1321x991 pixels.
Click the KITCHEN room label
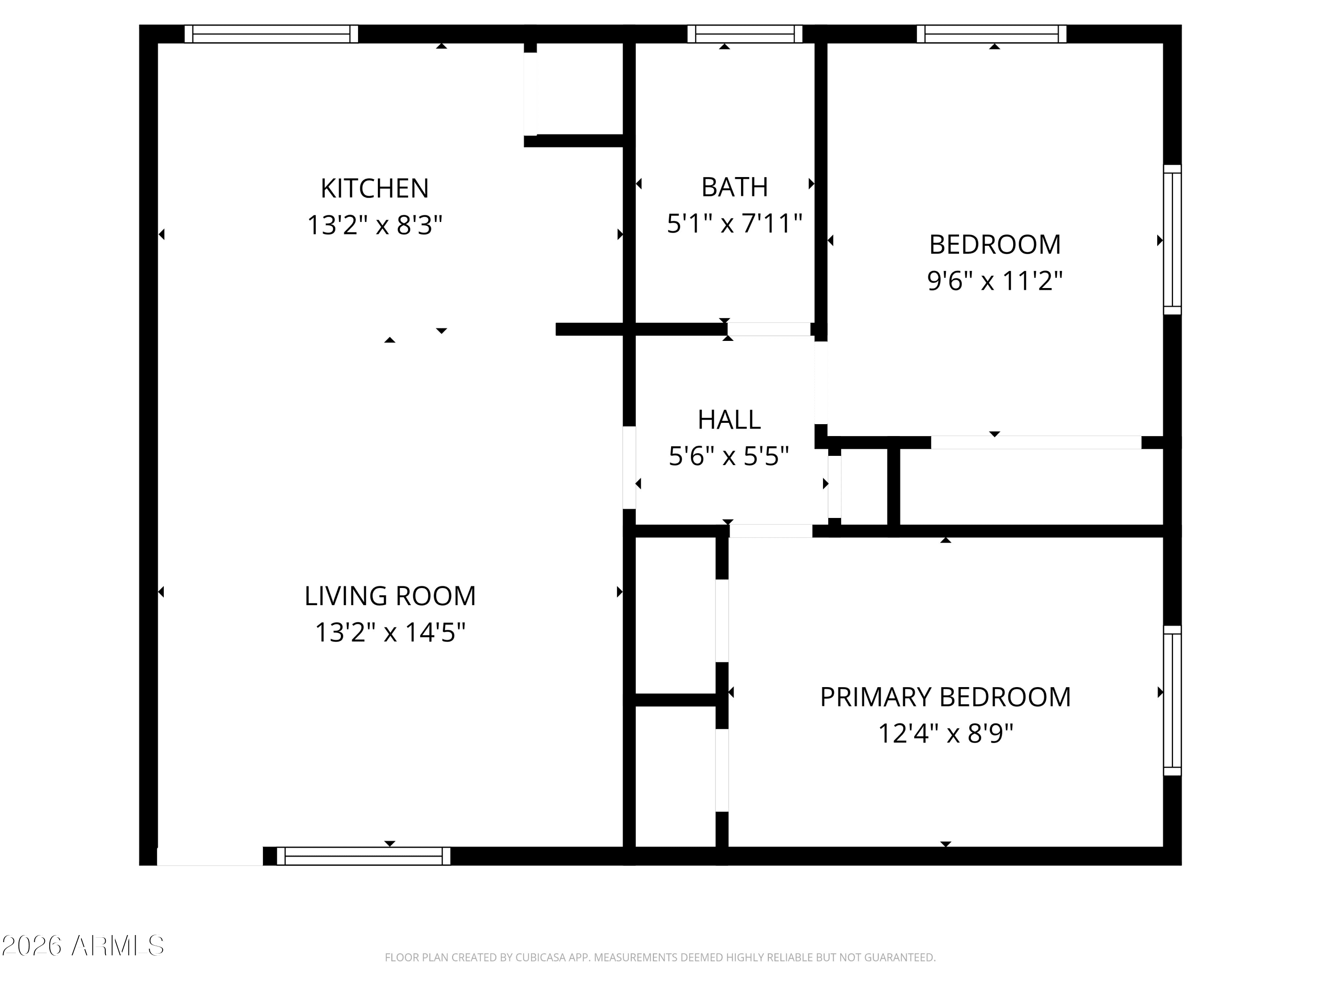(x=374, y=189)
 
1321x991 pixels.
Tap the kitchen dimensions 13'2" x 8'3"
(x=374, y=226)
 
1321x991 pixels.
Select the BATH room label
(x=734, y=188)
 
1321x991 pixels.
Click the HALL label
(x=729, y=420)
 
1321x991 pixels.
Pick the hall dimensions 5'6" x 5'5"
(x=729, y=456)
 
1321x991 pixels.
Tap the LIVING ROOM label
(x=390, y=596)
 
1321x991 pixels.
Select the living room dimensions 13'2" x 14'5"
(x=390, y=632)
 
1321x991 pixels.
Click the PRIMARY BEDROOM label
(x=945, y=697)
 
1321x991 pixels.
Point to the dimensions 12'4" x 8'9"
(x=945, y=733)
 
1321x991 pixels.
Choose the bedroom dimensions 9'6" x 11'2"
(x=995, y=281)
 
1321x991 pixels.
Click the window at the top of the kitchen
(x=271, y=34)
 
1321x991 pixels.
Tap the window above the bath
(x=745, y=34)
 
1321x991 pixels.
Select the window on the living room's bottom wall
(x=363, y=856)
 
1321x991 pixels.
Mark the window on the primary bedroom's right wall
(x=1172, y=700)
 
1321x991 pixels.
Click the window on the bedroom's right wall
(x=1172, y=240)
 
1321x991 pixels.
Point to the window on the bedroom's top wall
(x=991, y=34)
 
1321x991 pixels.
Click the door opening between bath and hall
(x=769, y=329)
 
